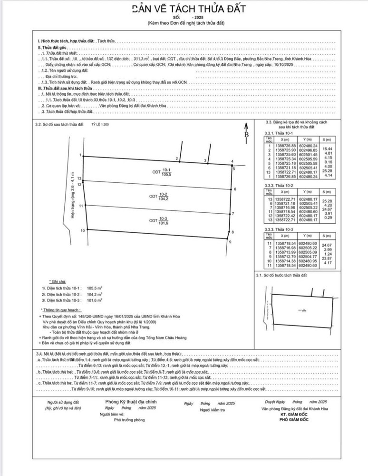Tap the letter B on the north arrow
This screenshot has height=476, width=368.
247,135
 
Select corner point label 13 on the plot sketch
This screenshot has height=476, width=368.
79,178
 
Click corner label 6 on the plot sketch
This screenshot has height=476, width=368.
235,189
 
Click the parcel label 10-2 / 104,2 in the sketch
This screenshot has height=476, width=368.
159,196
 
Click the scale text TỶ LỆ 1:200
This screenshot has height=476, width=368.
101,124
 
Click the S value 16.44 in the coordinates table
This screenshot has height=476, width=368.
326,149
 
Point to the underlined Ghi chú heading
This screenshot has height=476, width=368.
58,282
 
